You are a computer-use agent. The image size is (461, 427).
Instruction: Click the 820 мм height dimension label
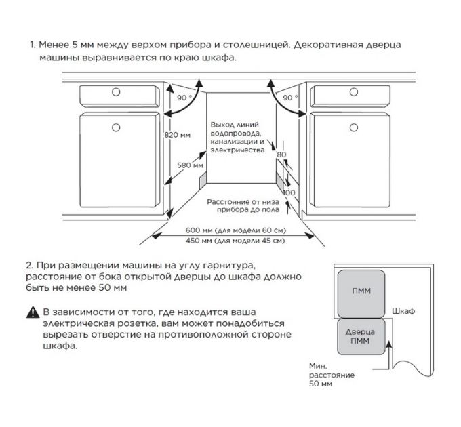pos(178,135)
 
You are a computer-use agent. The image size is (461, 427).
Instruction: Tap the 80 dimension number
pos(282,155)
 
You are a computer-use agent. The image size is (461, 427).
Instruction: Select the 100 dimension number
pos(289,192)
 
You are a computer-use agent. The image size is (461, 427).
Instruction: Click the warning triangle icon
pos(33,312)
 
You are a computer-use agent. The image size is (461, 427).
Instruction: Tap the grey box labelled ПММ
pos(361,291)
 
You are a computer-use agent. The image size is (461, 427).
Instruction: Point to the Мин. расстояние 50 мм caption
pos(323,374)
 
